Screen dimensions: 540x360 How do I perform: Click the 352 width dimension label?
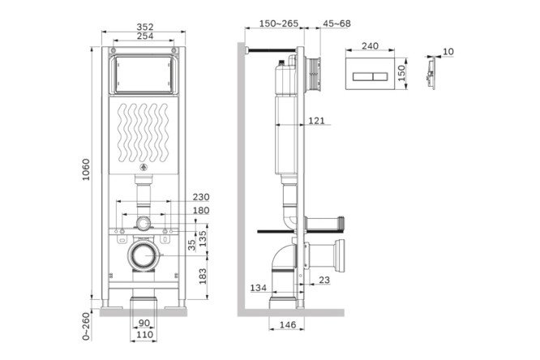point(145,27)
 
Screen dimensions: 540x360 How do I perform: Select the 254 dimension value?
point(145,36)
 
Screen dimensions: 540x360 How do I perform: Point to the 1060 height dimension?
point(86,169)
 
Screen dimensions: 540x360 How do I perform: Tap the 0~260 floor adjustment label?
point(86,326)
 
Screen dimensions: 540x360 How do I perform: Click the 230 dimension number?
point(201,197)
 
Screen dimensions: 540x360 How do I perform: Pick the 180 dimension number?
point(201,210)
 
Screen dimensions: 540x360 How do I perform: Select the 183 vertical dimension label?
point(203,276)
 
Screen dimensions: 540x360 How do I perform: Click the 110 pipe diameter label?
point(144,335)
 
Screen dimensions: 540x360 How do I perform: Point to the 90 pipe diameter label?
point(144,324)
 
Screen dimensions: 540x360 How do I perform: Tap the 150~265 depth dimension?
point(279,24)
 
